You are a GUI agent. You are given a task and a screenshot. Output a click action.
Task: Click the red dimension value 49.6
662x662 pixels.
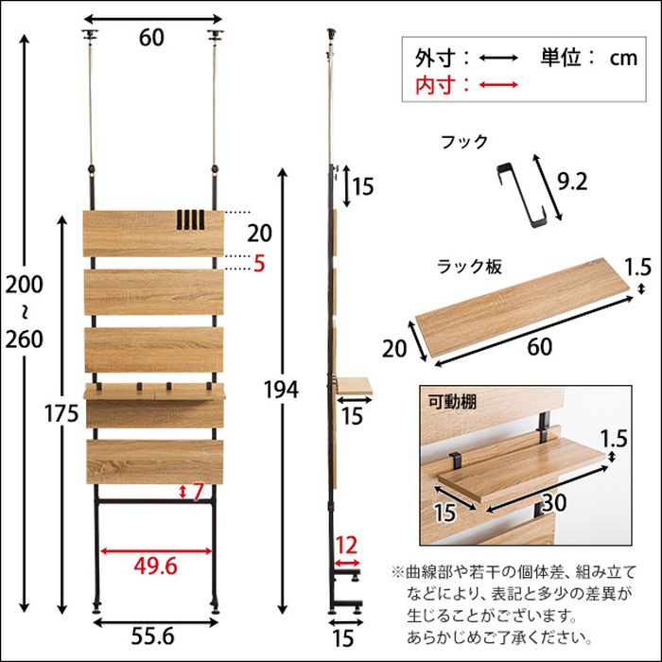pyautogui.click(x=155, y=566)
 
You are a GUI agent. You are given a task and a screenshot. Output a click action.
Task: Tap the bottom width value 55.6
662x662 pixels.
pyautogui.click(x=152, y=636)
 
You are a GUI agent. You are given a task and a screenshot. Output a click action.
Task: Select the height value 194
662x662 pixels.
pyautogui.click(x=281, y=390)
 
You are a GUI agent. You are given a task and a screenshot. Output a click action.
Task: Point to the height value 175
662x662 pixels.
pyautogui.click(x=61, y=413)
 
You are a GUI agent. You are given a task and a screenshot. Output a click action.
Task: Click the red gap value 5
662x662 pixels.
pyautogui.click(x=259, y=264)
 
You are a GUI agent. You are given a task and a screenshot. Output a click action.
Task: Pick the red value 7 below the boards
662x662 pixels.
pyautogui.click(x=198, y=492)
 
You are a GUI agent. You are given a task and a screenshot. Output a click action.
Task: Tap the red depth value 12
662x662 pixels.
pyautogui.click(x=346, y=546)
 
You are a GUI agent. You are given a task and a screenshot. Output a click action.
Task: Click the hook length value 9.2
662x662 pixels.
pyautogui.click(x=572, y=183)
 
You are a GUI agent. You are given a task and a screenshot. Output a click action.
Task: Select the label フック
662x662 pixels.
pyautogui.click(x=464, y=142)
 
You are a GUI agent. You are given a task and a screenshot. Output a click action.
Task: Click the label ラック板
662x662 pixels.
pyautogui.click(x=469, y=267)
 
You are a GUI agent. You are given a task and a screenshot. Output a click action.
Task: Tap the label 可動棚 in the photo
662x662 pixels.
pyautogui.click(x=452, y=402)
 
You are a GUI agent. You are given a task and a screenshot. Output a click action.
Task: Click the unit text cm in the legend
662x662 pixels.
pyautogui.click(x=623, y=59)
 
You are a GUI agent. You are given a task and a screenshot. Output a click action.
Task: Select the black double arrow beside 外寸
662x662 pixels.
pyautogui.click(x=498, y=58)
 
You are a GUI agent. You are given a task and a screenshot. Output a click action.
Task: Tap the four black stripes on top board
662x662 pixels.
pyautogui.click(x=189, y=219)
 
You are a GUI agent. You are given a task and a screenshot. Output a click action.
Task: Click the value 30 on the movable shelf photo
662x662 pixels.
pyautogui.click(x=554, y=503)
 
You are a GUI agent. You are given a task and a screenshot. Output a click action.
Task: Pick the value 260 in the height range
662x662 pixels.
pyautogui.click(x=24, y=340)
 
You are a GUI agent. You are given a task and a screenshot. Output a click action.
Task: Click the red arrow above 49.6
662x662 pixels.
pyautogui.click(x=156, y=551)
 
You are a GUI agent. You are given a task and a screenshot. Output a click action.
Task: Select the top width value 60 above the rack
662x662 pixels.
pyautogui.click(x=151, y=38)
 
